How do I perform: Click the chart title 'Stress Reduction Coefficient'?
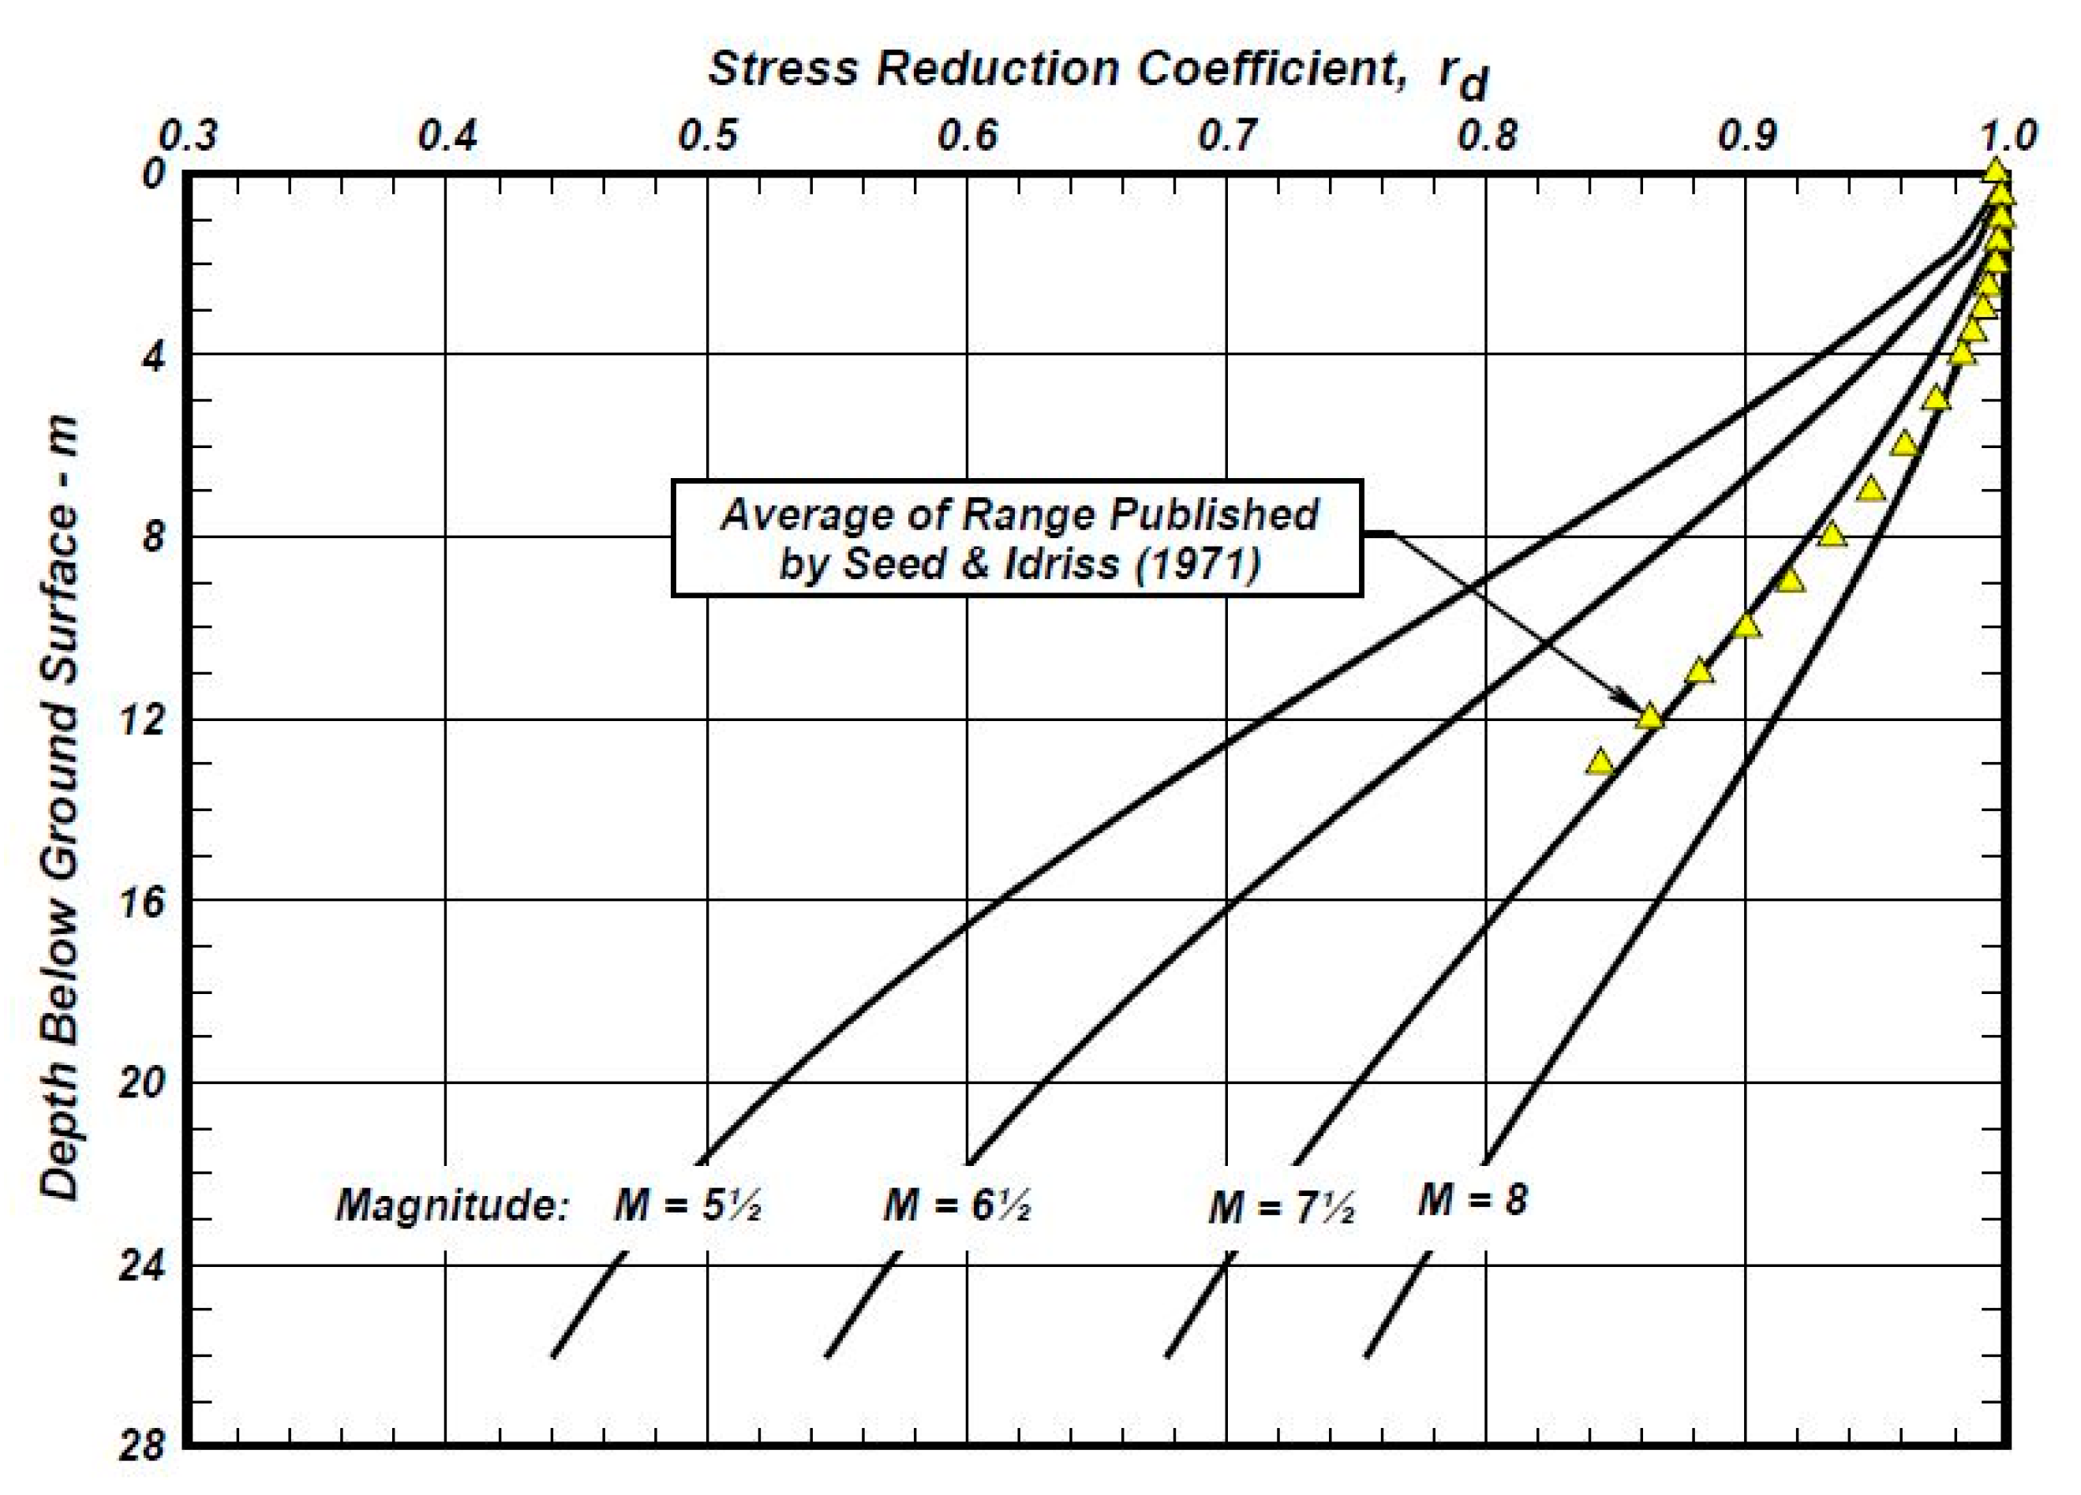[x=1055, y=69]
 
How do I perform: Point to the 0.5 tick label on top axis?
[x=707, y=136]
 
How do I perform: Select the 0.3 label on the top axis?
[x=187, y=136]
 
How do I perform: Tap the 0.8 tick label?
[x=1488, y=136]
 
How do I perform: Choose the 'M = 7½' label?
[x=1281, y=1207]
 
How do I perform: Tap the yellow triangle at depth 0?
[x=1995, y=171]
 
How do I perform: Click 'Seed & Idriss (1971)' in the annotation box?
[x=1019, y=563]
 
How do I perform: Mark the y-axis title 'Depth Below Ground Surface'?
[x=61, y=807]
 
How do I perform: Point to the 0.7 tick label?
[x=1227, y=136]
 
